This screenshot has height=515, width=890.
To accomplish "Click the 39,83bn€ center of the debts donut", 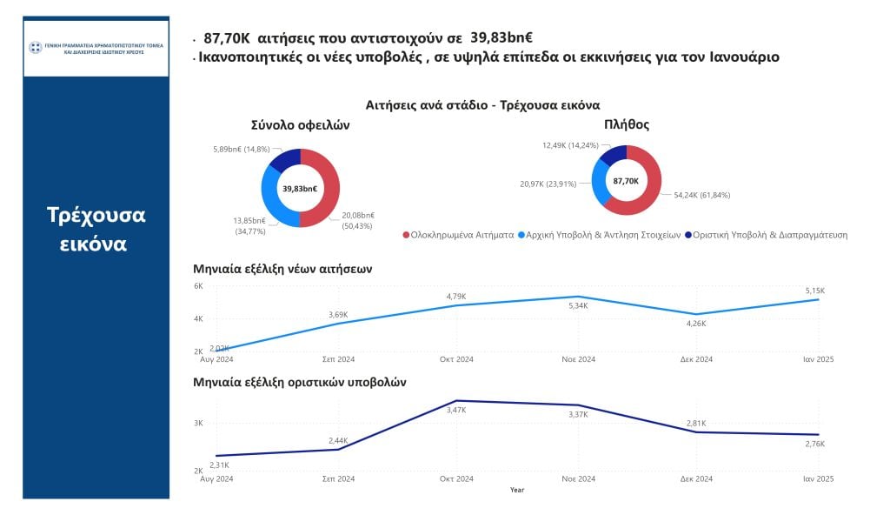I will pyautogui.click(x=300, y=188).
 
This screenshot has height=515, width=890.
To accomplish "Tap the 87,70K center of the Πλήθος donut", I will pyautogui.click(x=626, y=181).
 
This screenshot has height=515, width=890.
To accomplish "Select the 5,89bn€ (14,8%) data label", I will pyautogui.click(x=242, y=149).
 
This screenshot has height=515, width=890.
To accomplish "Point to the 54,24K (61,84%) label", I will pyautogui.click(x=701, y=195).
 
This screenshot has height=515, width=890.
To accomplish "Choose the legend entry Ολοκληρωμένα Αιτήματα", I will pyautogui.click(x=458, y=235).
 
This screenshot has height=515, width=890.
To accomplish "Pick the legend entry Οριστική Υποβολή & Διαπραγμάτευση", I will pyautogui.click(x=766, y=235).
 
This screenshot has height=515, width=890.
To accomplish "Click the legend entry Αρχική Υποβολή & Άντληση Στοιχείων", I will pyautogui.click(x=599, y=235).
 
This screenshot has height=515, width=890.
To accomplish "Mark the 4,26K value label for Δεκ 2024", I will pyautogui.click(x=697, y=323).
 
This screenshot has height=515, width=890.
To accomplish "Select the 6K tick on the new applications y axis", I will pyautogui.click(x=198, y=286).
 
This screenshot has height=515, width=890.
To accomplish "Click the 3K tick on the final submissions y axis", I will pyautogui.click(x=198, y=424).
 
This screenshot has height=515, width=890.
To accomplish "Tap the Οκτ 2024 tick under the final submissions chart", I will pyautogui.click(x=457, y=479).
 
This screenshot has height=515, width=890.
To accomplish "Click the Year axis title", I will pyautogui.click(x=517, y=490).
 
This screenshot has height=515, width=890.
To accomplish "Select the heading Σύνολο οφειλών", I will pyautogui.click(x=300, y=125).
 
